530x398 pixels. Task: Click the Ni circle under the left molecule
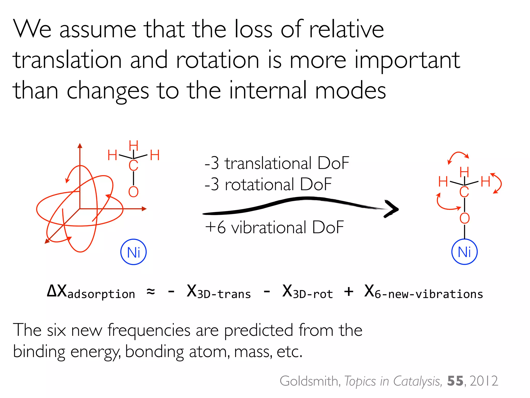tap(134, 252)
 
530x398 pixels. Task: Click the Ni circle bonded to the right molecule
tap(464, 252)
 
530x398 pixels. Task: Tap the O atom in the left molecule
tap(133, 192)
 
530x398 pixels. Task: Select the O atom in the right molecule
tap(465, 218)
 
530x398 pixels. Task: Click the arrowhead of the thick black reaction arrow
tap(392, 209)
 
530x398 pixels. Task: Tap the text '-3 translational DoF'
tap(277, 163)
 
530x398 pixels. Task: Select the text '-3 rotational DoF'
tap(268, 184)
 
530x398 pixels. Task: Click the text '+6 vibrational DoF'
tap(274, 227)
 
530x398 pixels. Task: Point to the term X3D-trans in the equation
tap(219, 292)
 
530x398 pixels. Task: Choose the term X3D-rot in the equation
tap(307, 292)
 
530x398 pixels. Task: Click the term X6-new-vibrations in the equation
tap(424, 292)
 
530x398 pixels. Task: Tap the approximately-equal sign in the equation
tap(151, 292)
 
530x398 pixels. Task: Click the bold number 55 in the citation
tap(455, 381)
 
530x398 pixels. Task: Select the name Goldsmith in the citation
tap(309, 381)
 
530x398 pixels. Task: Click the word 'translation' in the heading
tap(67, 60)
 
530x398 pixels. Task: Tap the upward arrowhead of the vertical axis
tap(80, 146)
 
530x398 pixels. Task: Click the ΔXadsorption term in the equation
tap(91, 292)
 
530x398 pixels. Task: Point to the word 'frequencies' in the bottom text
tap(149, 330)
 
